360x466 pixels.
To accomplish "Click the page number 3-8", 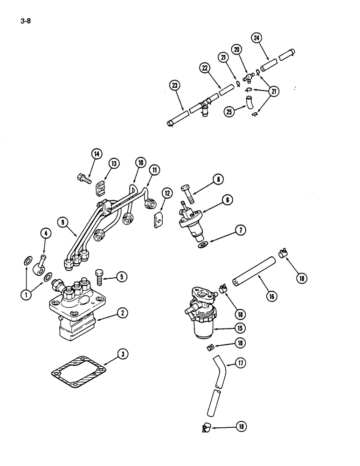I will point(25,21).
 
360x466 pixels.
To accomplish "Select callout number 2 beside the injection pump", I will point(122,314).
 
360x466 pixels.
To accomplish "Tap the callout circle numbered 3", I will point(122,355).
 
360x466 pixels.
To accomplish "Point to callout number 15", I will point(240,328).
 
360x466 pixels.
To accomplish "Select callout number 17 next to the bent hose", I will point(240,363).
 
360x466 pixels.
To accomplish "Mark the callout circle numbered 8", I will point(219,178).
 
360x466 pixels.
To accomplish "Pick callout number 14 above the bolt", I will point(96,154).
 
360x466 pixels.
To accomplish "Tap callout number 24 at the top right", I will point(256,38).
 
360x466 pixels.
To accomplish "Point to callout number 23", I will point(174,85).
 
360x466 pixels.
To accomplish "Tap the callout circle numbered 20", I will point(236,50).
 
